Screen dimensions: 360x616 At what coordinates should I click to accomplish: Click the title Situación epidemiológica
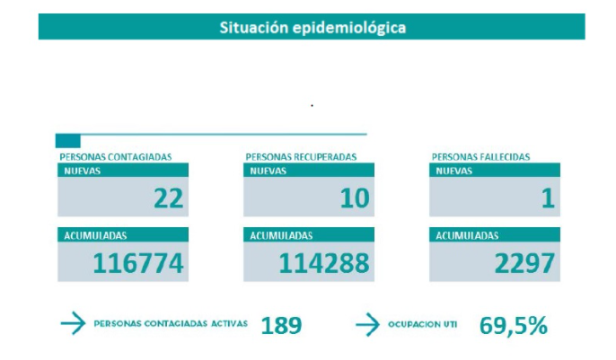pyautogui.click(x=312, y=27)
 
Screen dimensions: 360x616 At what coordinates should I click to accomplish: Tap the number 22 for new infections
pyautogui.click(x=168, y=198)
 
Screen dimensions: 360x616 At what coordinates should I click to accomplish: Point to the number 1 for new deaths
pyautogui.click(x=547, y=198)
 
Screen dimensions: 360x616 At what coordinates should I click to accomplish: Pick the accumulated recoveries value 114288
pyautogui.click(x=324, y=263)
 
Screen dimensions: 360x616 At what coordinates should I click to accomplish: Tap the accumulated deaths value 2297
pyautogui.click(x=524, y=263)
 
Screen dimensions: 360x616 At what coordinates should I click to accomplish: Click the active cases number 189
pyautogui.click(x=281, y=325)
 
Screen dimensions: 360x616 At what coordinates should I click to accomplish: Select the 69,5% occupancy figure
pyautogui.click(x=513, y=325)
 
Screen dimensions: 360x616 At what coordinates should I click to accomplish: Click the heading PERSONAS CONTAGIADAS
pyautogui.click(x=115, y=157)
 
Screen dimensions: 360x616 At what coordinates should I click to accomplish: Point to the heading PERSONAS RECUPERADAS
pyautogui.click(x=301, y=157)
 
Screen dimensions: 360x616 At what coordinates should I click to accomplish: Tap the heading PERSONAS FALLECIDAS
pyautogui.click(x=480, y=157)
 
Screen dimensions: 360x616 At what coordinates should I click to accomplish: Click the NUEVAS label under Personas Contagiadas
pyautogui.click(x=83, y=170)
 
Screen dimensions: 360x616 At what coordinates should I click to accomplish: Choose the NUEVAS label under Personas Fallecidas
pyautogui.click(x=454, y=170)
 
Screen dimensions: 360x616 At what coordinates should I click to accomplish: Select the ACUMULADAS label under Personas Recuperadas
pyautogui.click(x=282, y=235)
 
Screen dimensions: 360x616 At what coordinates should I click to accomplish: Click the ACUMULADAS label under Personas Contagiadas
pyautogui.click(x=95, y=235)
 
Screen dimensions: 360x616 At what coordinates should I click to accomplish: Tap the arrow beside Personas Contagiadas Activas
pyautogui.click(x=72, y=324)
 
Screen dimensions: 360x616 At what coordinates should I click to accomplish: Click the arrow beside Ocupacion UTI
pyautogui.click(x=368, y=324)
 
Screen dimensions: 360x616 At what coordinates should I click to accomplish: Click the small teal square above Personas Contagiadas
pyautogui.click(x=68, y=141)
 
